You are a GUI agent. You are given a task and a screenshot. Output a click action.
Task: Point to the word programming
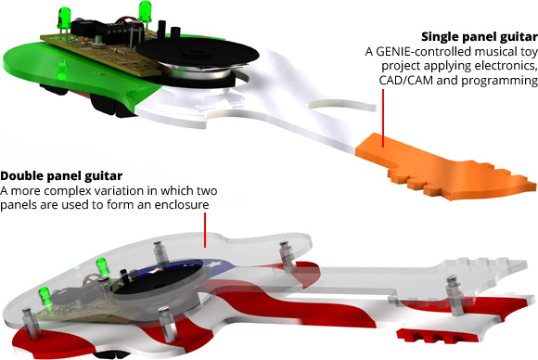[x=499, y=81]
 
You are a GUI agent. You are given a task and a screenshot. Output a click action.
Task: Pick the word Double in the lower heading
[x=21, y=175]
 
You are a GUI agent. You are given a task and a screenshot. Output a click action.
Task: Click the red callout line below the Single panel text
[x=383, y=118]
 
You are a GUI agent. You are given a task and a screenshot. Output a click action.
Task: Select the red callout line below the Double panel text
[x=205, y=229]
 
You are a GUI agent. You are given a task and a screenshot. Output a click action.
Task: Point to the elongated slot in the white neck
[x=343, y=106]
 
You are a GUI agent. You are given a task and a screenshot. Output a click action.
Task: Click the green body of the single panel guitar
[x=69, y=69]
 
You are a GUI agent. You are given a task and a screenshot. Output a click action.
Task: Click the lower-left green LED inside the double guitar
[x=46, y=297]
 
